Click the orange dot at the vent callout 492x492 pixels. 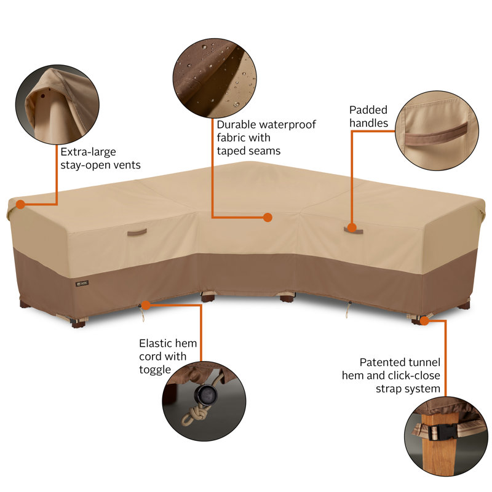coord(20,205)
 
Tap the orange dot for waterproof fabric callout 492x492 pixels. coord(268,217)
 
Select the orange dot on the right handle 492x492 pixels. coord(352,228)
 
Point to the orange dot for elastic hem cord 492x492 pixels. coord(146,305)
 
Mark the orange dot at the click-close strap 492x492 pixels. coord(424,320)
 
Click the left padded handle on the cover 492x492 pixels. coord(137,232)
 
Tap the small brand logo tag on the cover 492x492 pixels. coord(82,284)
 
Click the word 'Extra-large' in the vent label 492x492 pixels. coord(88,152)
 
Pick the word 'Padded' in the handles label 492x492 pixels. coord(368,110)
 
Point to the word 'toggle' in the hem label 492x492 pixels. coord(155,370)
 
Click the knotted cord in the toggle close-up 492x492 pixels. coord(195,413)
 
